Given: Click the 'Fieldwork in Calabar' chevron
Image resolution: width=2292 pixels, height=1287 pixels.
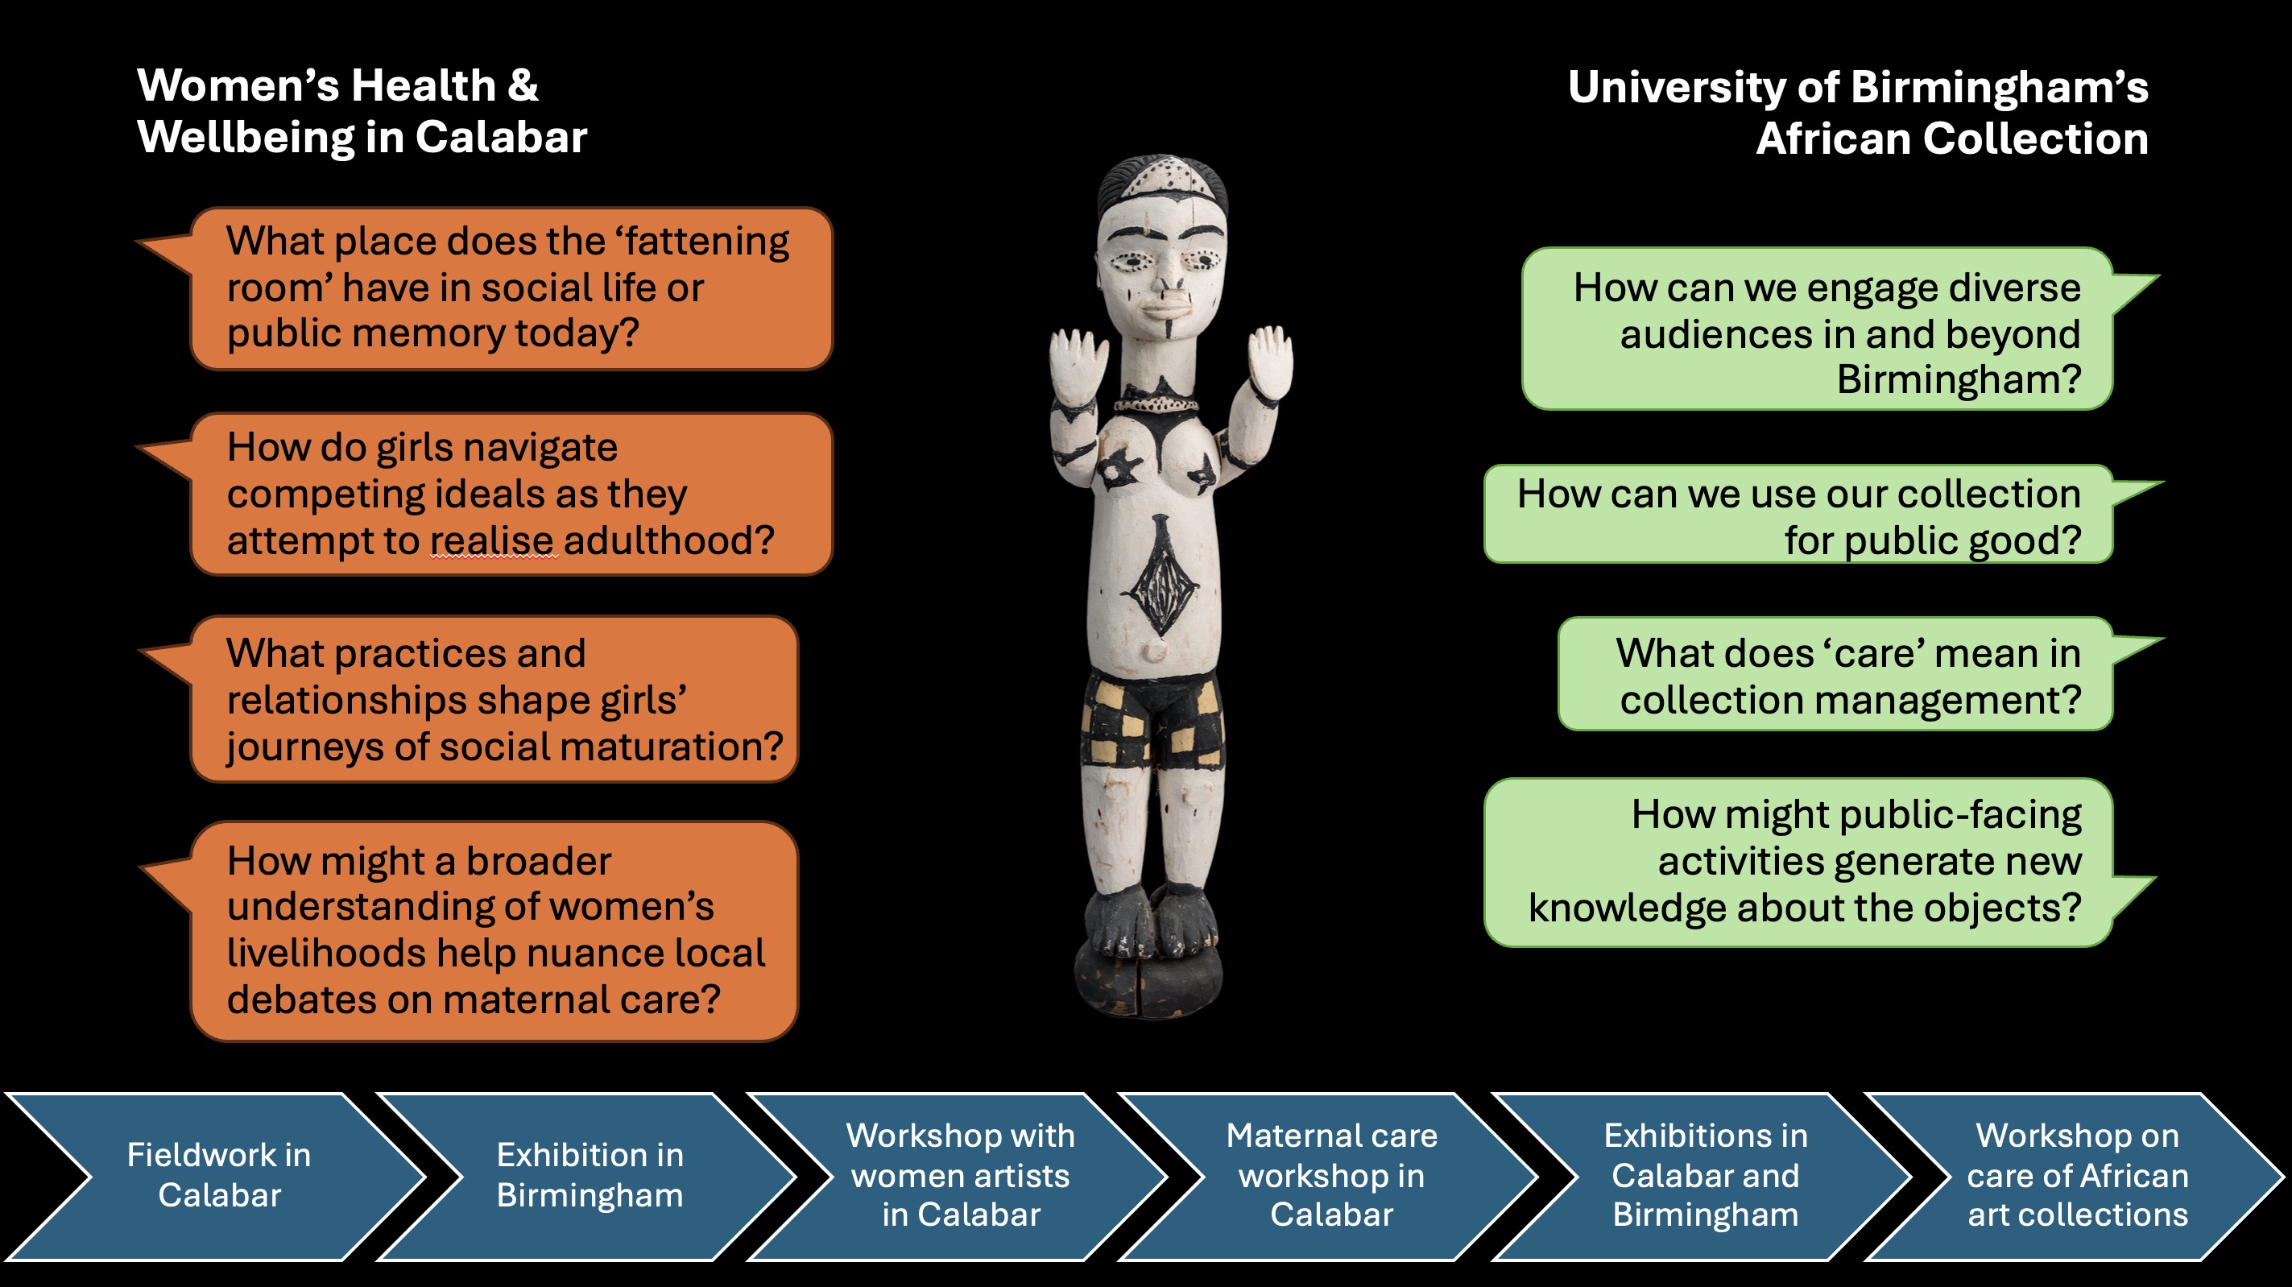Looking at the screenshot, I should pyautogui.click(x=218, y=1175).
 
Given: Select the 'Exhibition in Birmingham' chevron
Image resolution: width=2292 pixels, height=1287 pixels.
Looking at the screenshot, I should pyautogui.click(x=589, y=1175).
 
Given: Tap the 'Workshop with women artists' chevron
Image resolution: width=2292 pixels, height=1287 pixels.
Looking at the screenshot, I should pyautogui.click(x=960, y=1175).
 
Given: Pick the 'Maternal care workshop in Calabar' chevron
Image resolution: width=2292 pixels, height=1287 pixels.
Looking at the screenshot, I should pyautogui.click(x=1331, y=1175).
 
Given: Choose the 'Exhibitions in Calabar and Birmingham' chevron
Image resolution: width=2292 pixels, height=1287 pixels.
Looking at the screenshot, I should pyautogui.click(x=1705, y=1175).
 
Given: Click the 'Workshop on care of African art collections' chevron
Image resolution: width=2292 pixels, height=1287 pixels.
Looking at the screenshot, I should pyautogui.click(x=2077, y=1175).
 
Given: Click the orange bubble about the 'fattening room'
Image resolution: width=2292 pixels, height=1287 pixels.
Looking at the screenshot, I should pyautogui.click(x=511, y=288).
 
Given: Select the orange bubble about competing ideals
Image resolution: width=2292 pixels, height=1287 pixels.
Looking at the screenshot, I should pyautogui.click(x=511, y=493).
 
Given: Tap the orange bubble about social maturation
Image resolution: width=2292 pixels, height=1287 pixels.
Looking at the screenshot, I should pyautogui.click(x=494, y=700).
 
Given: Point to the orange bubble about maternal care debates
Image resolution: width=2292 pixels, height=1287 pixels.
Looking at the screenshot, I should pyautogui.click(x=494, y=930).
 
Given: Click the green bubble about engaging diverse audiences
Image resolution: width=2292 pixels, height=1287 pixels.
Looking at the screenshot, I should pyautogui.click(x=1817, y=329).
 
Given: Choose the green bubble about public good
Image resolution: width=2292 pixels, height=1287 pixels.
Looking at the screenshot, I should pyautogui.click(x=1798, y=515).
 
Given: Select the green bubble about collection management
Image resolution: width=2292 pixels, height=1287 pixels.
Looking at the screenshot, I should pyautogui.click(x=1835, y=675).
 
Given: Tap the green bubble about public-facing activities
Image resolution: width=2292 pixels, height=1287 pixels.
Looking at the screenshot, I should pyautogui.click(x=1798, y=862).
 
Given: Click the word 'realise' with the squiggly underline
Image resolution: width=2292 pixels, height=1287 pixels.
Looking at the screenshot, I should pyautogui.click(x=494, y=540).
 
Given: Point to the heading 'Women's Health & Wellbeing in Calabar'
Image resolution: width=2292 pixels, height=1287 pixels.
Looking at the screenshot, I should pyautogui.click(x=362, y=111).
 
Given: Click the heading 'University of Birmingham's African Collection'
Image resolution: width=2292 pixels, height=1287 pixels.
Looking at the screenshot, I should pyautogui.click(x=1858, y=113).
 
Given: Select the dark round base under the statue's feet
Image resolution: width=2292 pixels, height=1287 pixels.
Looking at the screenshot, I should pyautogui.click(x=1148, y=983).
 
